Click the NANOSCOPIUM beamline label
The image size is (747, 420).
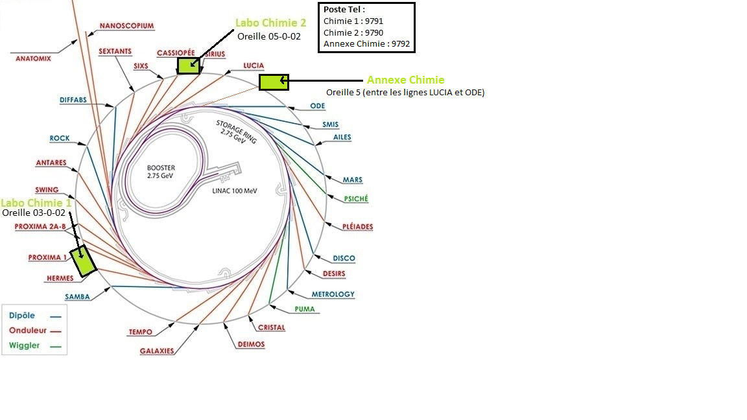click(x=126, y=27)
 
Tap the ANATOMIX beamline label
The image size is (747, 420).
click(x=33, y=58)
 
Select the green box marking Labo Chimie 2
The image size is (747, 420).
click(x=189, y=65)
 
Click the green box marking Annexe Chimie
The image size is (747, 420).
click(x=273, y=82)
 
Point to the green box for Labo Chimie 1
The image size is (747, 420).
click(x=83, y=261)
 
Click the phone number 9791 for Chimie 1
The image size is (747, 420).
click(x=374, y=21)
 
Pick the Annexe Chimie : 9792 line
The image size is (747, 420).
click(x=366, y=44)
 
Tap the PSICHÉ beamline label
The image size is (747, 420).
click(x=356, y=199)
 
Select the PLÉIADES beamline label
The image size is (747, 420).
click(x=357, y=227)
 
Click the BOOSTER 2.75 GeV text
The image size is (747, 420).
click(x=161, y=172)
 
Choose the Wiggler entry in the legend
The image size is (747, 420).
click(x=25, y=345)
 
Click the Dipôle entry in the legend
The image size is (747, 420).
click(x=22, y=316)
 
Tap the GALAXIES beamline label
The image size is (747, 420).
click(x=157, y=351)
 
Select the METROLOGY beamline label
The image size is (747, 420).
click(x=333, y=294)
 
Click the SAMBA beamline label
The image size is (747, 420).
click(x=77, y=297)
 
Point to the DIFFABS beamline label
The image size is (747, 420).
click(x=73, y=100)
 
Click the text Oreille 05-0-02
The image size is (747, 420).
click(x=268, y=37)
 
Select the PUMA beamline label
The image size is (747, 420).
click(x=305, y=309)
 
